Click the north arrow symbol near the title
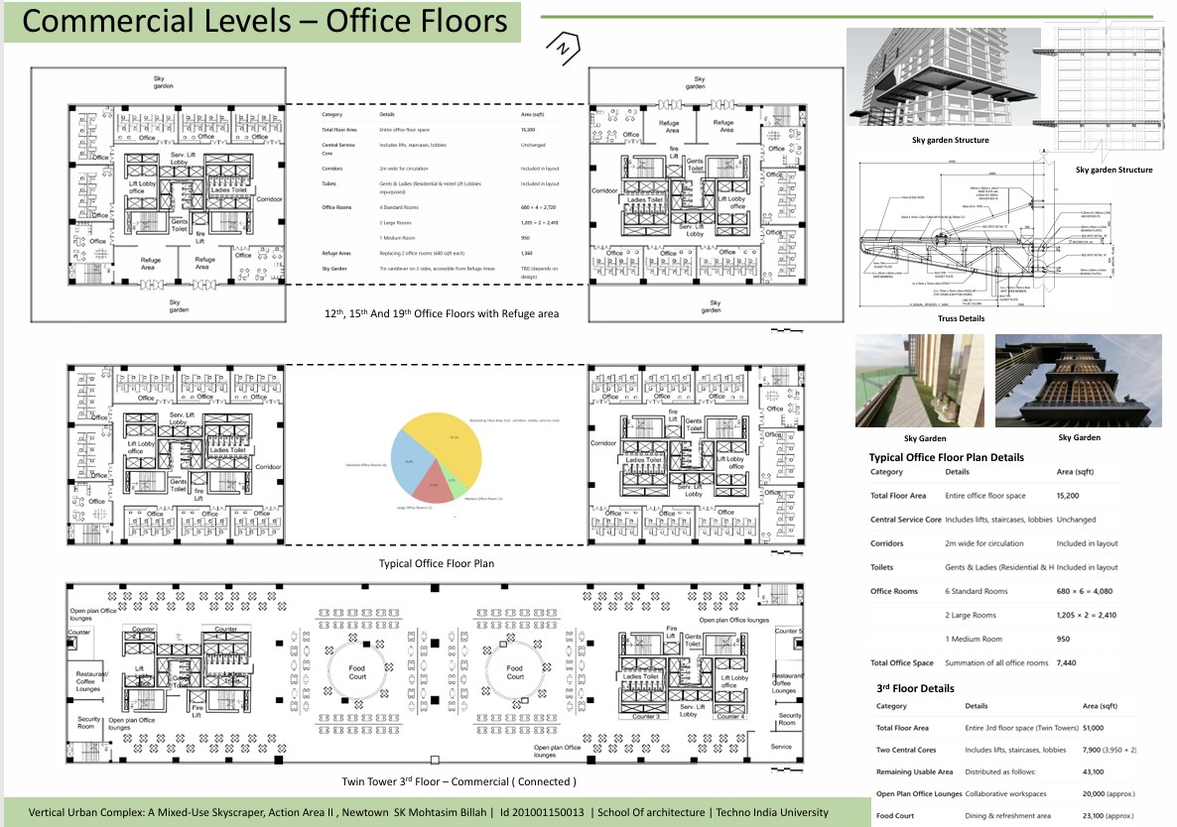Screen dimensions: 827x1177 (x=562, y=46)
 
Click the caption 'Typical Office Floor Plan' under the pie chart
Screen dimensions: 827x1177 (x=436, y=563)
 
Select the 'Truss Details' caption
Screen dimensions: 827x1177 (x=961, y=318)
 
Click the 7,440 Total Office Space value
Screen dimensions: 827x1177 (x=1068, y=663)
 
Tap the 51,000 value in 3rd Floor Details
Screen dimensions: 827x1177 (x=1097, y=728)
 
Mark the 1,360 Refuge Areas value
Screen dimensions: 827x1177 (x=526, y=254)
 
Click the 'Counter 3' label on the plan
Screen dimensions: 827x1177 (x=645, y=717)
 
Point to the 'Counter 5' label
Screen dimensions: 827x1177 (x=789, y=632)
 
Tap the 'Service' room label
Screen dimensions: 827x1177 (x=781, y=747)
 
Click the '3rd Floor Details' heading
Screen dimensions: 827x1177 (x=915, y=688)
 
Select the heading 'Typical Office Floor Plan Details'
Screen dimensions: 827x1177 (x=946, y=457)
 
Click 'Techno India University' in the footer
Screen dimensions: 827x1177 (x=772, y=812)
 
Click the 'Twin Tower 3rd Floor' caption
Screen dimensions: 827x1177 (x=458, y=782)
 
